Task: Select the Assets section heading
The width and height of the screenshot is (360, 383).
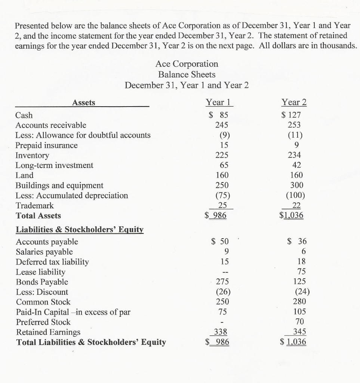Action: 84,102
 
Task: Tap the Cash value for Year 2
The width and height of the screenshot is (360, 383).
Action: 293,115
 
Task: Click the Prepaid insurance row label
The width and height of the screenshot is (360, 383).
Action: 47,145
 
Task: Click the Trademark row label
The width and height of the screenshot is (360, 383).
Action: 35,205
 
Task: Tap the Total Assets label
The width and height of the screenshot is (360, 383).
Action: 38,215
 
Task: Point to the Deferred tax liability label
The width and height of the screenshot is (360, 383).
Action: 52,262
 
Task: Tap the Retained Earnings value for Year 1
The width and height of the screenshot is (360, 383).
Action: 220,332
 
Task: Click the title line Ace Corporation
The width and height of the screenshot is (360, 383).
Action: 187,64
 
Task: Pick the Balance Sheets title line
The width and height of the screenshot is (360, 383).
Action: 187,74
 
